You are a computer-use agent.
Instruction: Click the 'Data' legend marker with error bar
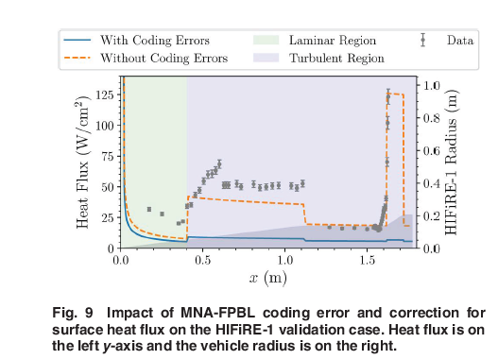[424, 41]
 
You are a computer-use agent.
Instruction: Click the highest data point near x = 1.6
[388, 93]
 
